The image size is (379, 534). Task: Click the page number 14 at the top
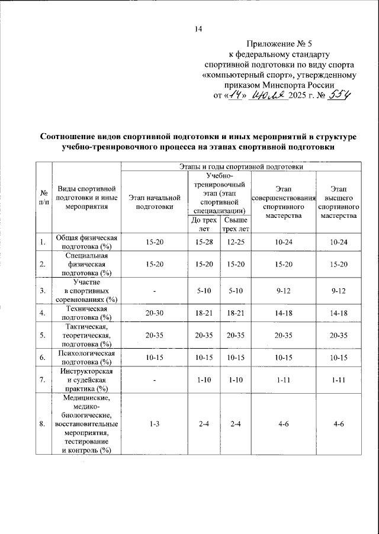coord(198,30)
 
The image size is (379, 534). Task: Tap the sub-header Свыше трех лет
coord(235,224)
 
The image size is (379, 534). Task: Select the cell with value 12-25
coord(236,242)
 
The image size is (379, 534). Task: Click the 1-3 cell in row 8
coord(154,424)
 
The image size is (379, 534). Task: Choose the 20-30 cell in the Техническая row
coord(154,312)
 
